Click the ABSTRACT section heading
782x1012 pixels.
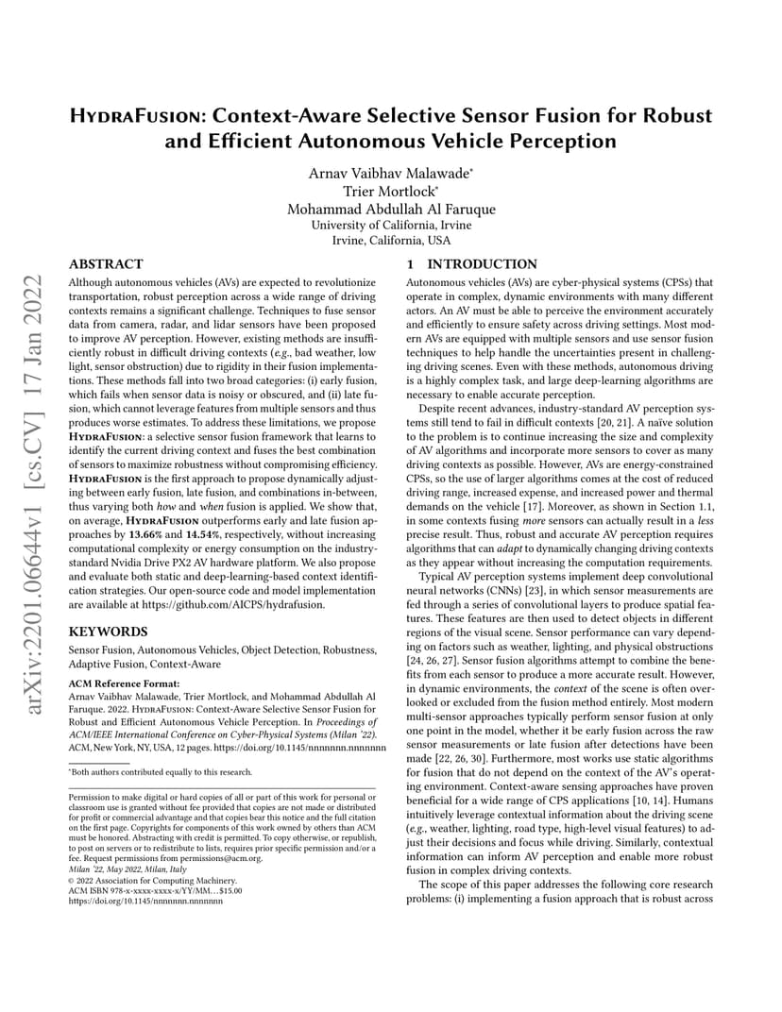(107, 264)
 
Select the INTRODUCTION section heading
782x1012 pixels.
(482, 264)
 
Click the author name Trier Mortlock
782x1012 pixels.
(390, 192)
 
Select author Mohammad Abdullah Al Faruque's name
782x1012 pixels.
(390, 210)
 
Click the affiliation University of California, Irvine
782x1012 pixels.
(390, 226)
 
